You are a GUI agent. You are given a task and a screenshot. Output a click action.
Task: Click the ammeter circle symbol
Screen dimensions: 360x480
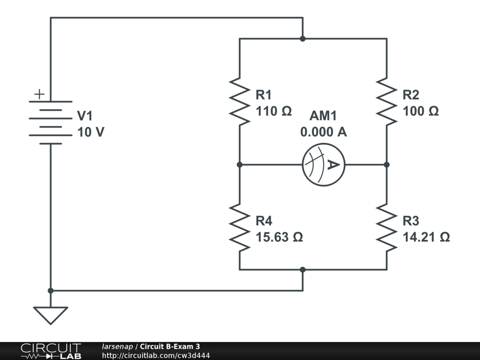point(323,165)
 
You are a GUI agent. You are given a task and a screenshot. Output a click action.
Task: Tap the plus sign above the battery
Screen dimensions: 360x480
point(39,94)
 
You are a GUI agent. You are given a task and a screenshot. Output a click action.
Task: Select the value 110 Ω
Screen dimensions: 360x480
point(274,112)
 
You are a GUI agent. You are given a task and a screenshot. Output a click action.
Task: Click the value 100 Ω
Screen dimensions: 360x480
point(421,112)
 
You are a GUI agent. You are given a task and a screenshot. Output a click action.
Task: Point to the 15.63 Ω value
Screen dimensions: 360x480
point(279,237)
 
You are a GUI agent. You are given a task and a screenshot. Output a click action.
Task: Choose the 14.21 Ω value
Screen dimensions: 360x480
point(427,237)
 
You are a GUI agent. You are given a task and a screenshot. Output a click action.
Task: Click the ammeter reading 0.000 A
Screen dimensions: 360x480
point(323,132)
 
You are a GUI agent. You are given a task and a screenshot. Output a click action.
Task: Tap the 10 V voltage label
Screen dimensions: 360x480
point(91,132)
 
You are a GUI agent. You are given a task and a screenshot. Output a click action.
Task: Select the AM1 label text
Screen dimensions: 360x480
point(323,116)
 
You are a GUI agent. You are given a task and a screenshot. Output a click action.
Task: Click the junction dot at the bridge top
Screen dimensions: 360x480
point(303,38)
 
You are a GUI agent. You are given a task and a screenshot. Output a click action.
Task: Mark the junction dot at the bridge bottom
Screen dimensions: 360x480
point(303,270)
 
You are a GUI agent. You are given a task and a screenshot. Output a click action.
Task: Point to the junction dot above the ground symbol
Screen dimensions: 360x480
point(51,291)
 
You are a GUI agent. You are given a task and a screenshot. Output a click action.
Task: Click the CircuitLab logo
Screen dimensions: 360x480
point(51,351)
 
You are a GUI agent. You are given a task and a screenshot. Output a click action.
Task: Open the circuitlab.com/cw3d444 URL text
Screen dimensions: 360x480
point(156,355)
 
